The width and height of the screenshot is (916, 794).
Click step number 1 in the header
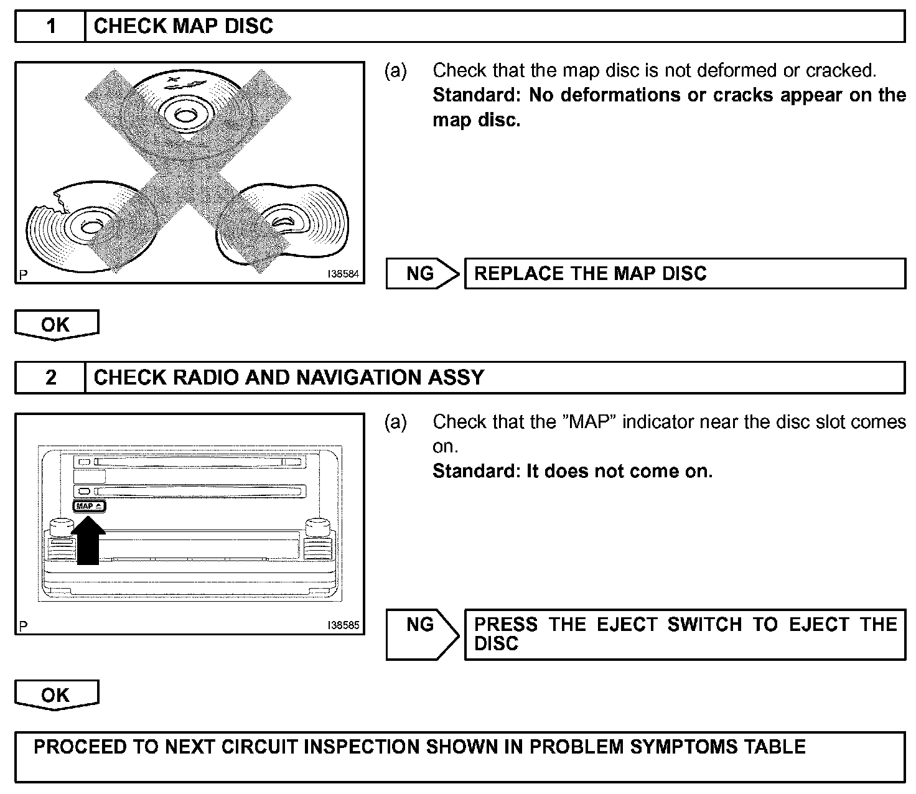pyautogui.click(x=50, y=26)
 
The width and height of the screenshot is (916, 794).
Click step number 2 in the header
pyautogui.click(x=50, y=377)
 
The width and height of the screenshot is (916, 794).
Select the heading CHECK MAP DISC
pyautogui.click(x=183, y=26)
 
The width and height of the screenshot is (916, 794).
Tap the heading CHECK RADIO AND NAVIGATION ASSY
pyautogui.click(x=289, y=377)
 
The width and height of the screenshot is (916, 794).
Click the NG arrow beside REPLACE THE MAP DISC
pyautogui.click(x=423, y=273)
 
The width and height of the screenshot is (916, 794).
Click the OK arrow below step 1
pyautogui.click(x=56, y=325)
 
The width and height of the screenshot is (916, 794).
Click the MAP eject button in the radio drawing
pyautogui.click(x=90, y=506)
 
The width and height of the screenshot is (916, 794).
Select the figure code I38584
pyautogui.click(x=343, y=274)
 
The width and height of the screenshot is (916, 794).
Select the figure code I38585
pyautogui.click(x=343, y=625)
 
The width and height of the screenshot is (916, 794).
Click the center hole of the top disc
pyautogui.click(x=184, y=114)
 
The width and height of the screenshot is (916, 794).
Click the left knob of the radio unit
pyautogui.click(x=60, y=528)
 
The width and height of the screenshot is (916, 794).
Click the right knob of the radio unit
pyautogui.click(x=317, y=528)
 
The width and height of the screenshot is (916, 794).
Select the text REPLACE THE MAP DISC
pyautogui.click(x=591, y=273)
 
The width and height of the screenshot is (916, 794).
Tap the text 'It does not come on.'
pyautogui.click(x=619, y=471)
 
